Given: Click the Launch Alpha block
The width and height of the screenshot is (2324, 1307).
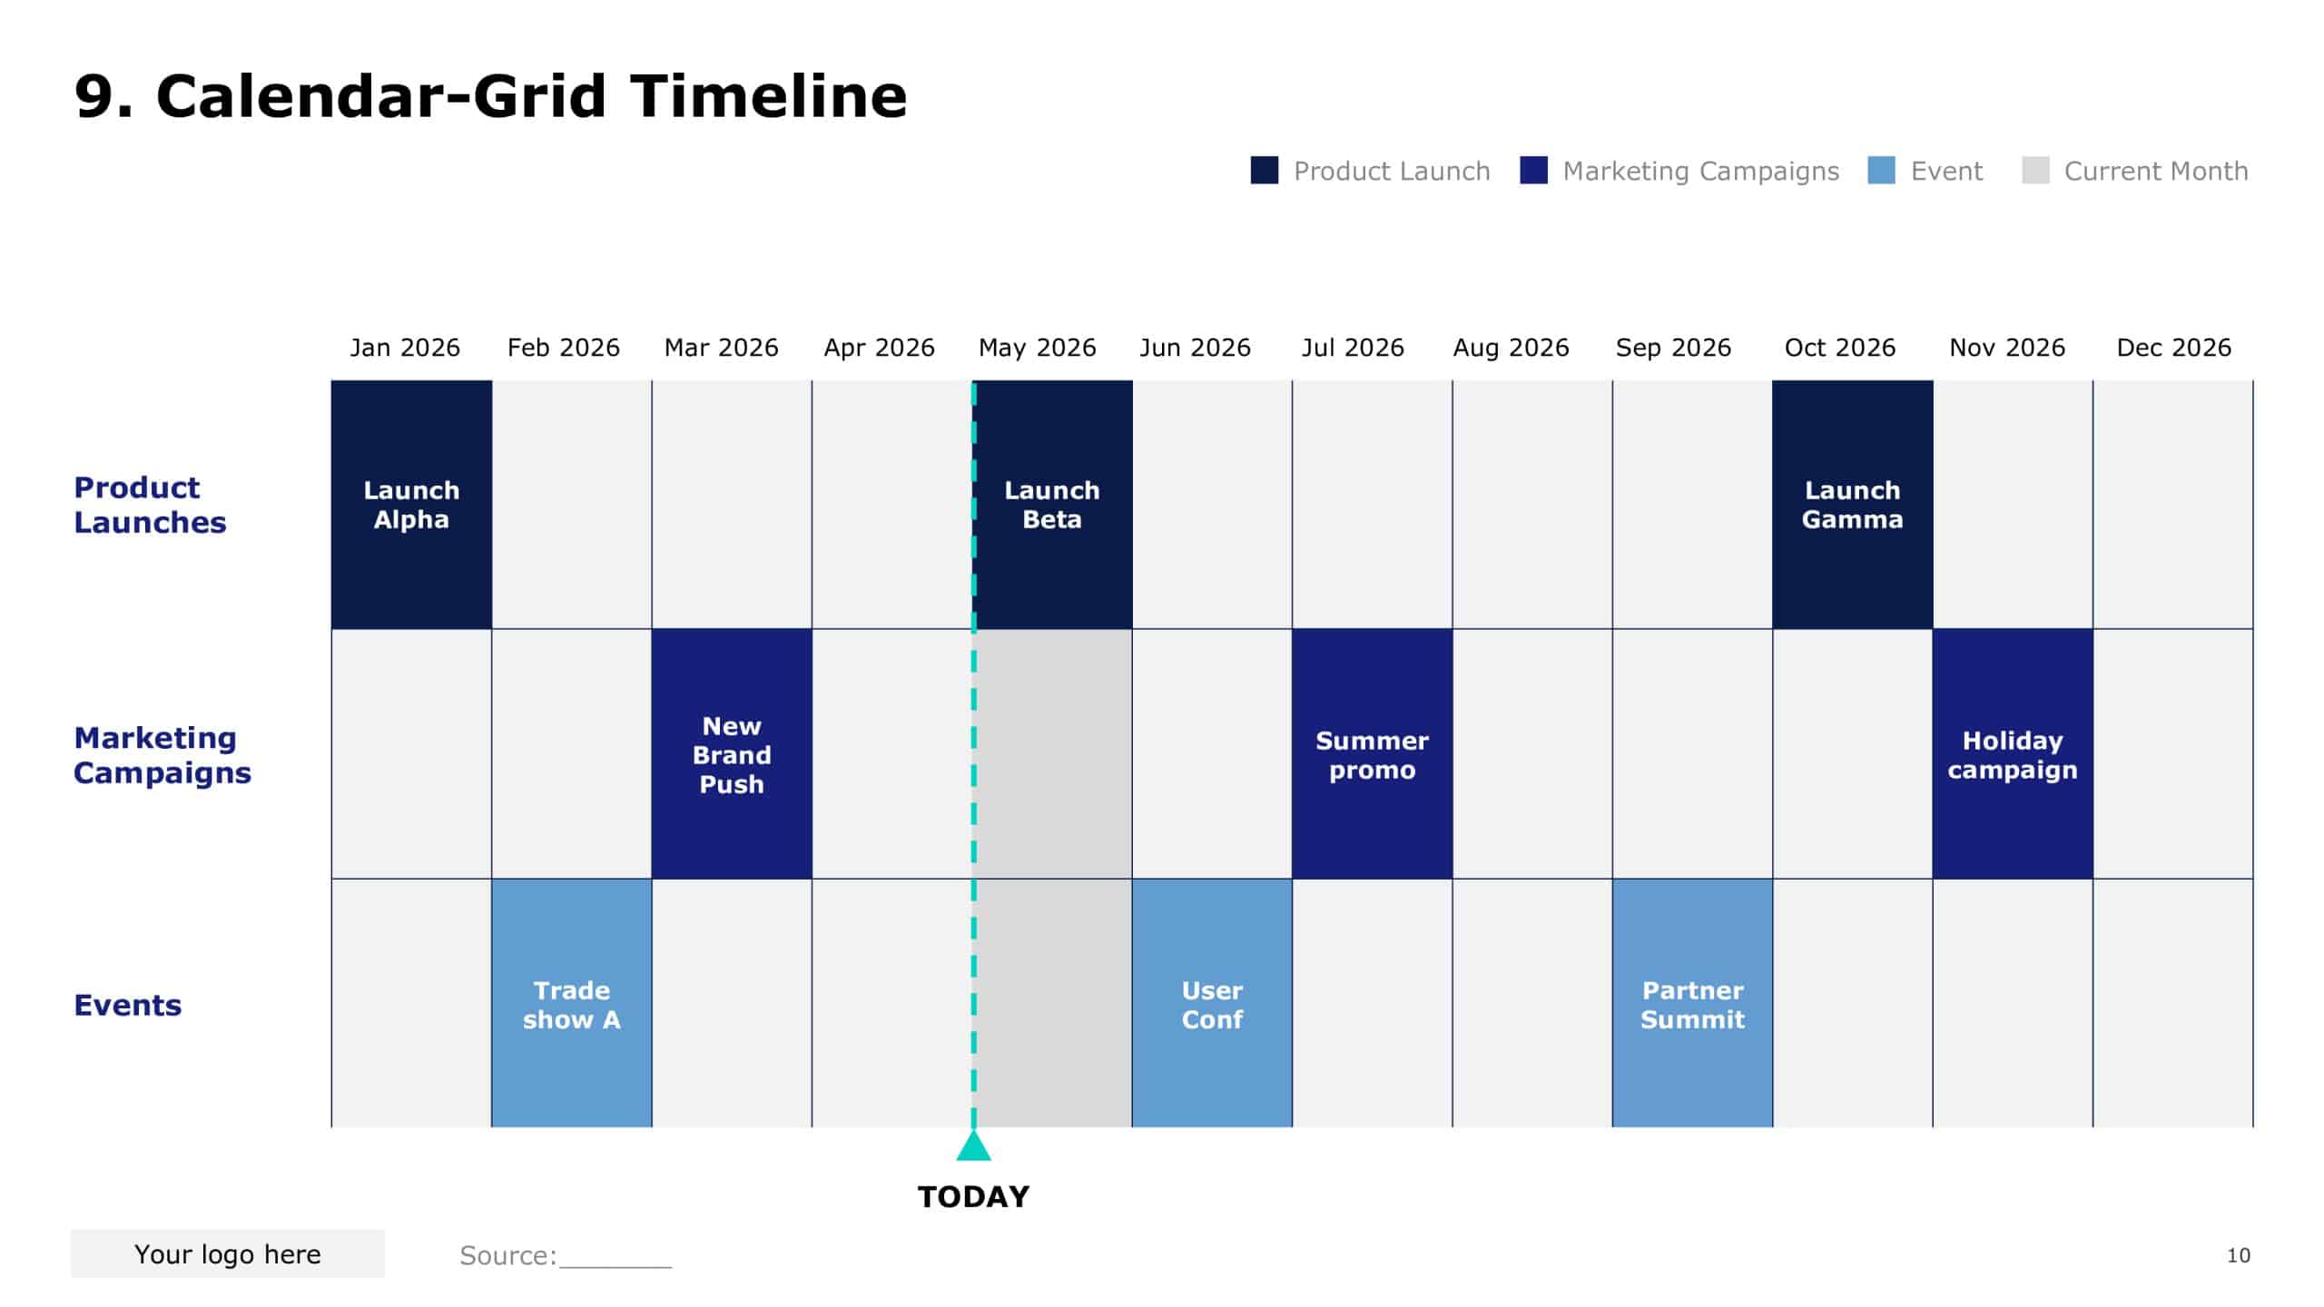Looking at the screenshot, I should click(x=411, y=505).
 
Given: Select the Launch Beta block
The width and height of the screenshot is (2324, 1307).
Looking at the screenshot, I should click(x=1052, y=505).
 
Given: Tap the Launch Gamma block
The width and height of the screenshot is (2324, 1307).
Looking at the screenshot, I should click(x=1852, y=505).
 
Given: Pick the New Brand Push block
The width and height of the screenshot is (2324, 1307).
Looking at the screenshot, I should click(x=732, y=754).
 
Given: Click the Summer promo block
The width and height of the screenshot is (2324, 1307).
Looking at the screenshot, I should click(x=1372, y=754).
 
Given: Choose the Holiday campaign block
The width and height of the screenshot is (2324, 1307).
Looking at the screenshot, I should click(x=2012, y=754).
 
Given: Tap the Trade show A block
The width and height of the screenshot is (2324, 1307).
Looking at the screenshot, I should click(x=571, y=1004).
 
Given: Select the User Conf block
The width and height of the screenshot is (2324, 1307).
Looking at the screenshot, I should click(x=1212, y=1004).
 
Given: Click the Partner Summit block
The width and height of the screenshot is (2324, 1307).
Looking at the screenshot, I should click(x=1692, y=1004).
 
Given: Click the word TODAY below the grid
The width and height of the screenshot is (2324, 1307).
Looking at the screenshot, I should click(x=973, y=1196).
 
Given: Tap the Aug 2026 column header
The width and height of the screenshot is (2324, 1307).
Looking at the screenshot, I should click(x=1511, y=348).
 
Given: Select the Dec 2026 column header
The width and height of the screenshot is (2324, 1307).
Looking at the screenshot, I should click(x=2173, y=348).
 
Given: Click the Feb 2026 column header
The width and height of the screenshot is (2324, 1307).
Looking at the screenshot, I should click(x=563, y=348).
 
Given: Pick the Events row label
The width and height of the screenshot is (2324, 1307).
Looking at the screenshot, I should click(x=127, y=1005).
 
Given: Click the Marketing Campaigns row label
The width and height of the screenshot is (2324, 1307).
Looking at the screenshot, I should click(x=162, y=754).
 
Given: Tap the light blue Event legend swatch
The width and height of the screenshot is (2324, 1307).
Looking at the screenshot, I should click(x=1881, y=171).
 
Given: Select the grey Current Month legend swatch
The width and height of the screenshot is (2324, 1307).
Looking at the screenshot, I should click(x=2035, y=171).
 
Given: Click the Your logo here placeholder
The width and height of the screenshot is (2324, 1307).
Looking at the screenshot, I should click(x=227, y=1253).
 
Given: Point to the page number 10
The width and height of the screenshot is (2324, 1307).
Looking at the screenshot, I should click(x=2238, y=1255).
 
